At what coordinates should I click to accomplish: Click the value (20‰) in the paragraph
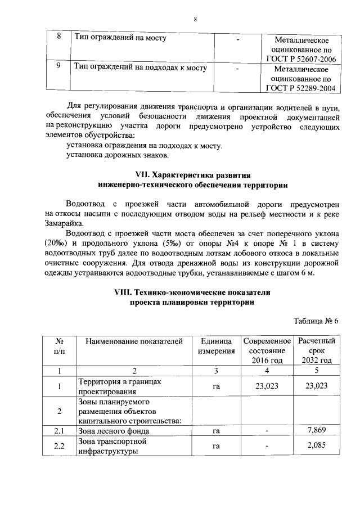(56, 243)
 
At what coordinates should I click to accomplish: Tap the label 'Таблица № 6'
(317, 321)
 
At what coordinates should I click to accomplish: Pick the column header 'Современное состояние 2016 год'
(267, 350)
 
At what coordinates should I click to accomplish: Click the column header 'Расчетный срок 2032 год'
(317, 350)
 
